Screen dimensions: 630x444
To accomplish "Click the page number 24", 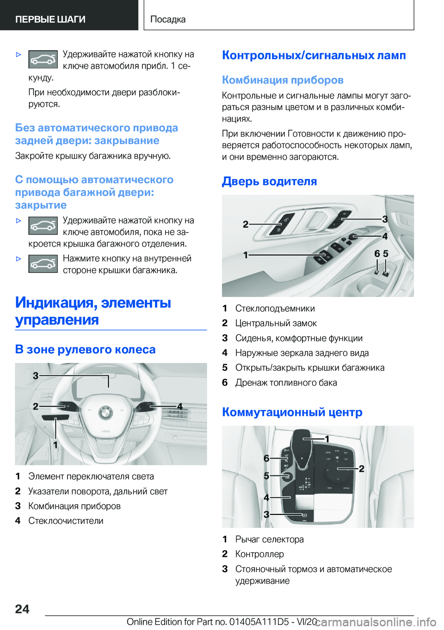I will pyautogui.click(x=22, y=609).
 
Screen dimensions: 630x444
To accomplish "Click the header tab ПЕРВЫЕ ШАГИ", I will pyautogui.click(x=50, y=19).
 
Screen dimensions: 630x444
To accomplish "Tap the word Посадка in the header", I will pyautogui.click(x=168, y=19).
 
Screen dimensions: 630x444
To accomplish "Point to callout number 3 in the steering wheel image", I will pyautogui.click(x=36, y=376).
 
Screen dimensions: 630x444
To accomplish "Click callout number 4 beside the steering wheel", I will pyautogui.click(x=180, y=406).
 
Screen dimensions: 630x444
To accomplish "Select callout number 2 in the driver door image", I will pyautogui.click(x=246, y=224).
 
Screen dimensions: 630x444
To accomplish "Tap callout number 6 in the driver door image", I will pyautogui.click(x=377, y=253).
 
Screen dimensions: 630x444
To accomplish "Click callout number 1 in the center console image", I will pyautogui.click(x=327, y=439).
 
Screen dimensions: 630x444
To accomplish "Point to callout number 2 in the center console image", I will pyautogui.click(x=361, y=468).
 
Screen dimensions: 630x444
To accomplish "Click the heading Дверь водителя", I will pyautogui.click(x=269, y=181).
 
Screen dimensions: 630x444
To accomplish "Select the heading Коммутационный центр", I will pyautogui.click(x=292, y=412).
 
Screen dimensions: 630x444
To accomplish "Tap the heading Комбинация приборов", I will pyautogui.click(x=283, y=80).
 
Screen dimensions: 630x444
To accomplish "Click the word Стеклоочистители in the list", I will pyautogui.click(x=66, y=520).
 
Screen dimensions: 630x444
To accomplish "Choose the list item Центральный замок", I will pyautogui.click(x=276, y=323).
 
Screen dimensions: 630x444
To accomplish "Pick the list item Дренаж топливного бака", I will pyautogui.click(x=286, y=383).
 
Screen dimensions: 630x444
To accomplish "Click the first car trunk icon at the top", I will pyautogui.click(x=43, y=60).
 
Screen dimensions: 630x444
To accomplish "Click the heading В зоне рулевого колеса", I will pyautogui.click(x=85, y=349).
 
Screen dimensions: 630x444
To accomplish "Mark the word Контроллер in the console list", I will pyautogui.click(x=259, y=554).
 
